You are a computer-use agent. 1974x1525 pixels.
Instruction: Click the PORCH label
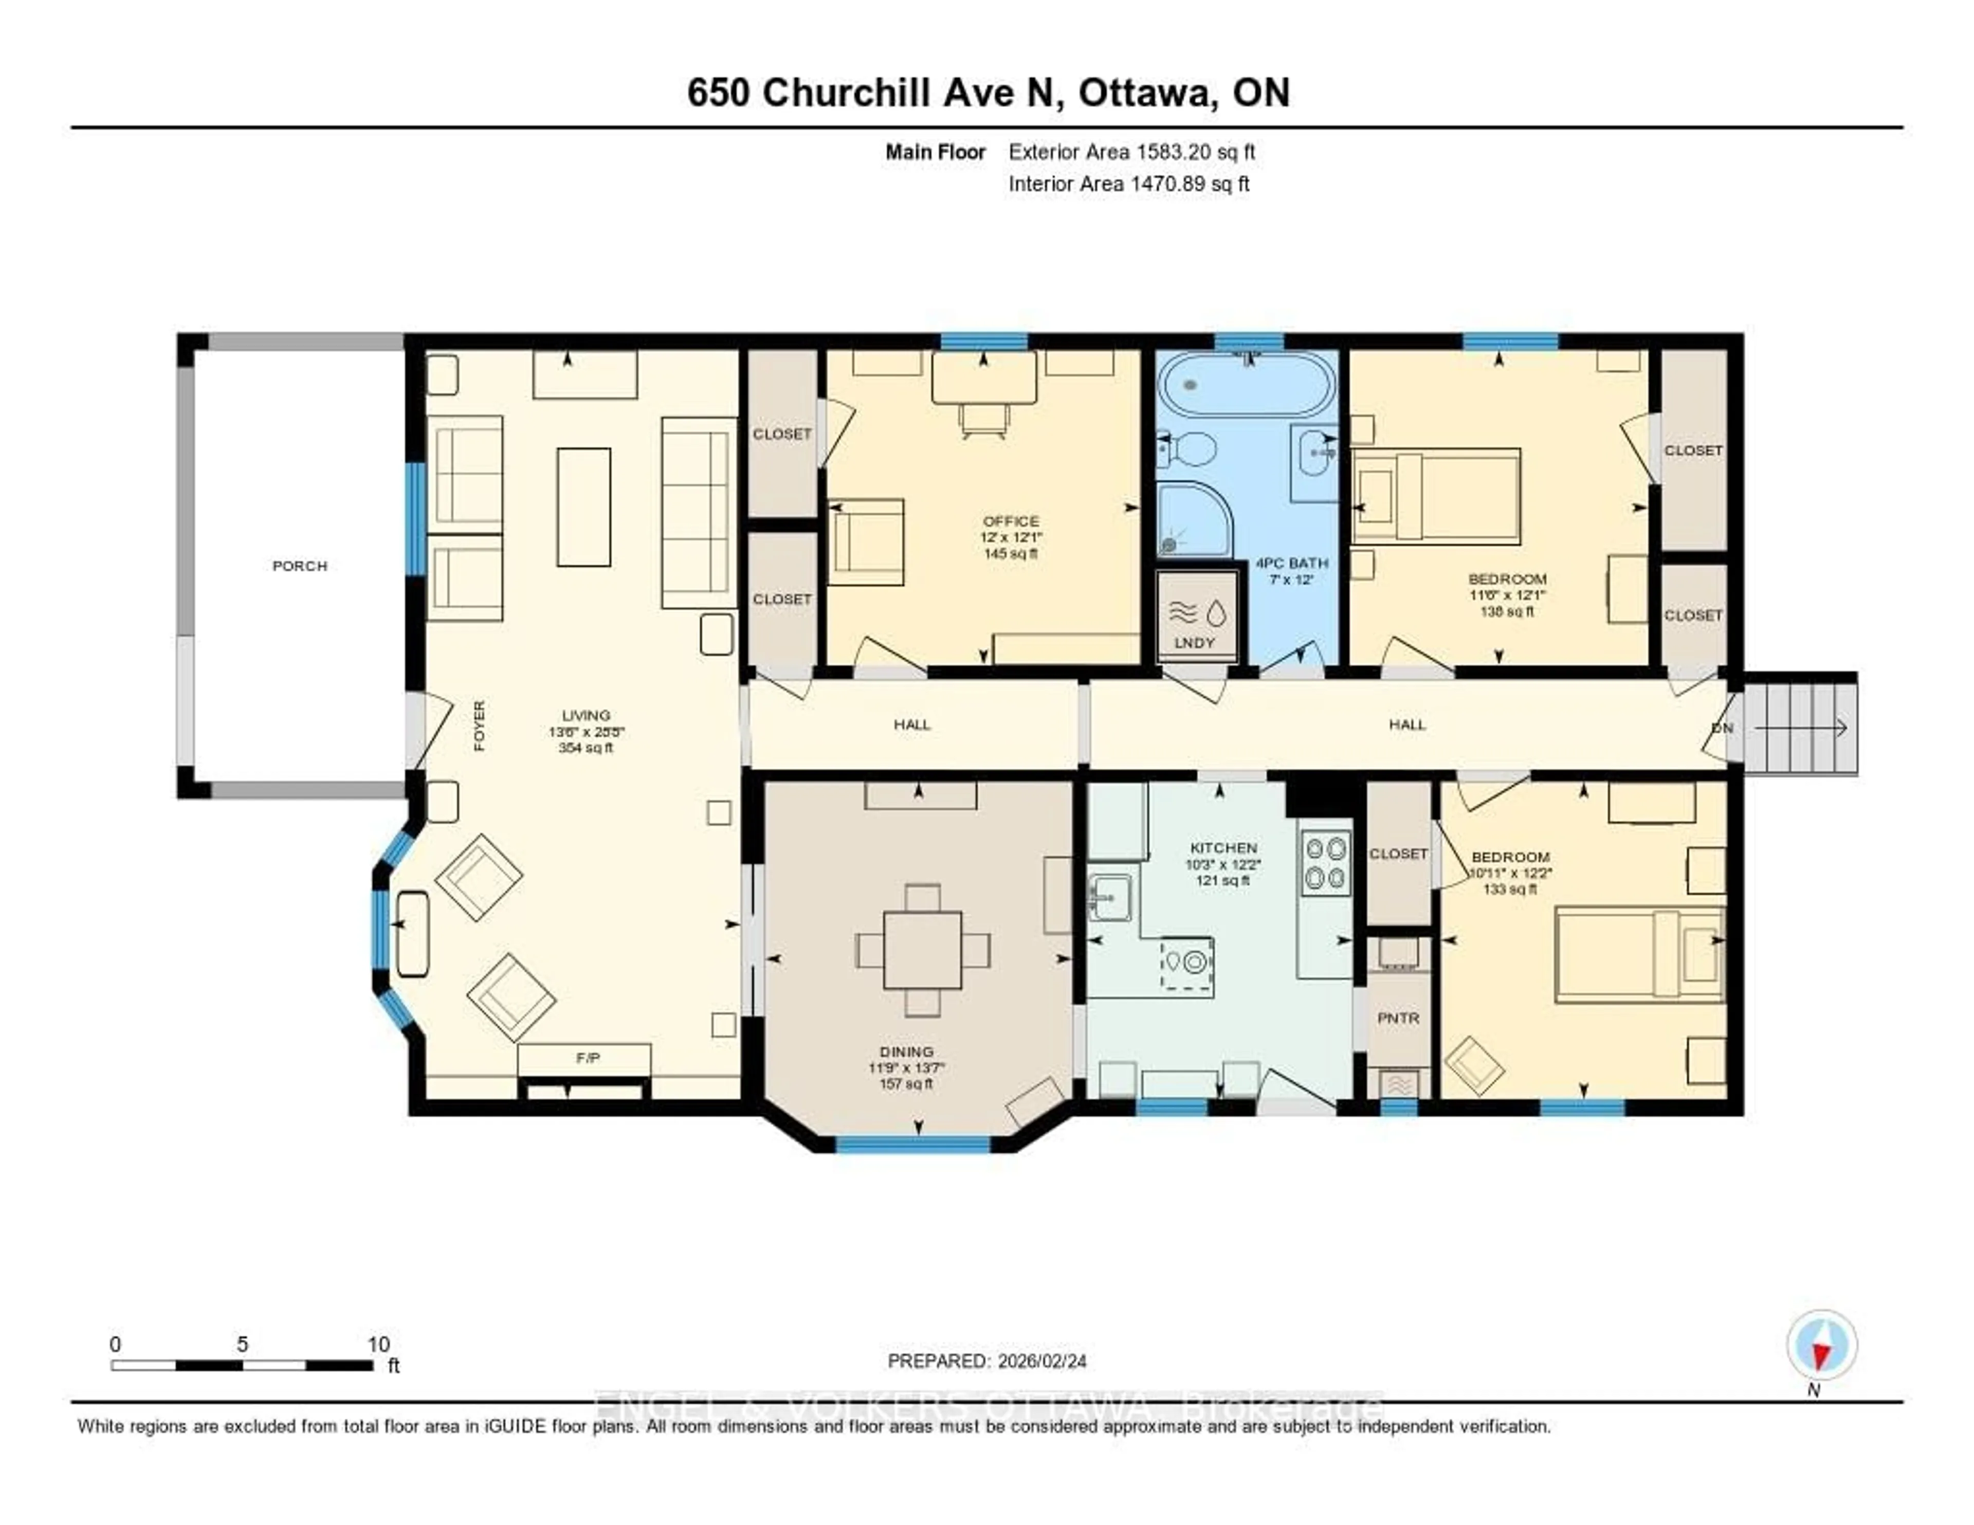(299, 566)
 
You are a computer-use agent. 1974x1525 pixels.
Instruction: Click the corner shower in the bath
(1193, 521)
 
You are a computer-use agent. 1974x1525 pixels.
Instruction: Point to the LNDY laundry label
(1194, 643)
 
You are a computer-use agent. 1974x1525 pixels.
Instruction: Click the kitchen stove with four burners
(1325, 862)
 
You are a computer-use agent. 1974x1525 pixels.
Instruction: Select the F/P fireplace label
(588, 1058)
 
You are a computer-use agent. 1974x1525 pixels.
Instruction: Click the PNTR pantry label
(1398, 1018)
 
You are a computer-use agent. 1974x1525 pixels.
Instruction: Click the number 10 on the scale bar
(379, 1344)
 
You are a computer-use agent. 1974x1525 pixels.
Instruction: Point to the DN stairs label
(1723, 728)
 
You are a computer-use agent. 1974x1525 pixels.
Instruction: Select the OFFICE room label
(1011, 521)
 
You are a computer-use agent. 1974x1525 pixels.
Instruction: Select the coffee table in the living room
(583, 507)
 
